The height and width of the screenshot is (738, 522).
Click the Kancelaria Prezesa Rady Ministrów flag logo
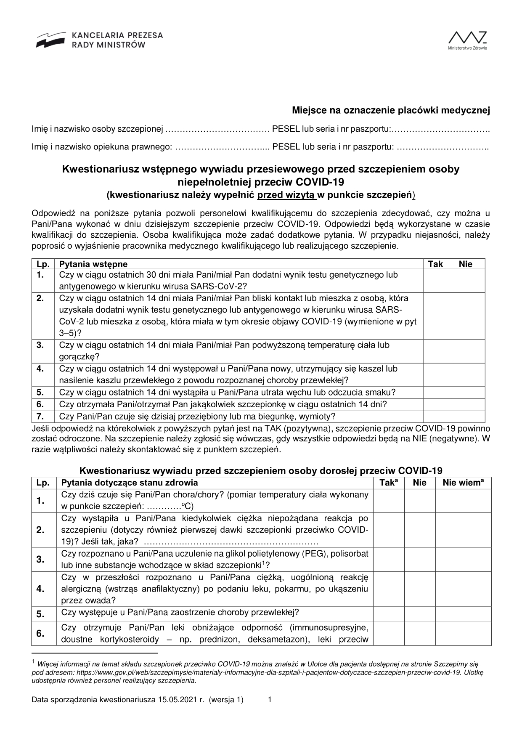[50, 40]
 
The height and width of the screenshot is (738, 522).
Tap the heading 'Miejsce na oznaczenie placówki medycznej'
[391, 111]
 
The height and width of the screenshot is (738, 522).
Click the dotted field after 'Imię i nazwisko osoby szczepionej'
[217, 129]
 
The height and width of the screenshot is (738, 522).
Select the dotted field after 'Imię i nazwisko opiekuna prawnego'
[222, 147]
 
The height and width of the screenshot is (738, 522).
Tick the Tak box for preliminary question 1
[438, 281]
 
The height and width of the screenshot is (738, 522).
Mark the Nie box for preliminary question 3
[469, 351]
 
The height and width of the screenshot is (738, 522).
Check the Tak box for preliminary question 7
[438, 417]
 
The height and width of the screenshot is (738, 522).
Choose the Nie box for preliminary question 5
[469, 393]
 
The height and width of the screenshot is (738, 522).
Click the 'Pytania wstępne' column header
[93, 264]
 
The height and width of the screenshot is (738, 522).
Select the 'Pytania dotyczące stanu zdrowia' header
[130, 483]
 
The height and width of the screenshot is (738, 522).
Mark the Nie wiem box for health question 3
[463, 559]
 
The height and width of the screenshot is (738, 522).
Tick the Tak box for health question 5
[389, 614]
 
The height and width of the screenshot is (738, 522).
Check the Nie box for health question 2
[420, 530]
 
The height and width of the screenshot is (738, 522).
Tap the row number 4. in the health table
[40, 589]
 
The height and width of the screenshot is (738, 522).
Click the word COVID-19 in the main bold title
[320, 182]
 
